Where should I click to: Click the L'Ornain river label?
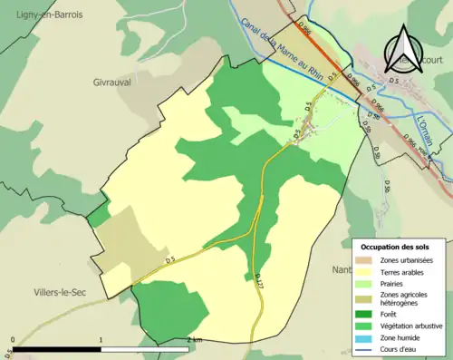point(427,131)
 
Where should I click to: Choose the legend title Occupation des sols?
point(395,247)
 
